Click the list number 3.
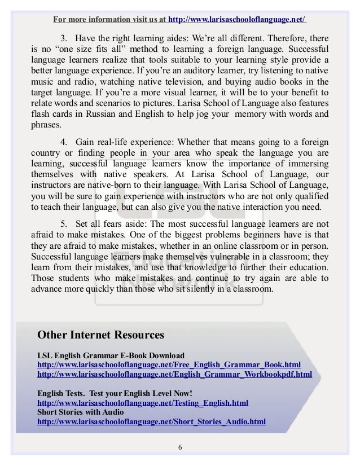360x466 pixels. click(x=63, y=38)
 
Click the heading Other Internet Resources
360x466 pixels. click(x=100, y=335)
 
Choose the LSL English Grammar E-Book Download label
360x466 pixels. click(x=111, y=355)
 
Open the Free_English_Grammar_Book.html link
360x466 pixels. click(x=169, y=364)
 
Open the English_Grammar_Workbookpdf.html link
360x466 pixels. click(x=174, y=374)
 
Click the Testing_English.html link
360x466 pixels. click(x=142, y=403)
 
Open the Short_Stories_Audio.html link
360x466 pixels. click(x=151, y=421)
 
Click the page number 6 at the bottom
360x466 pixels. click(x=179, y=448)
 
